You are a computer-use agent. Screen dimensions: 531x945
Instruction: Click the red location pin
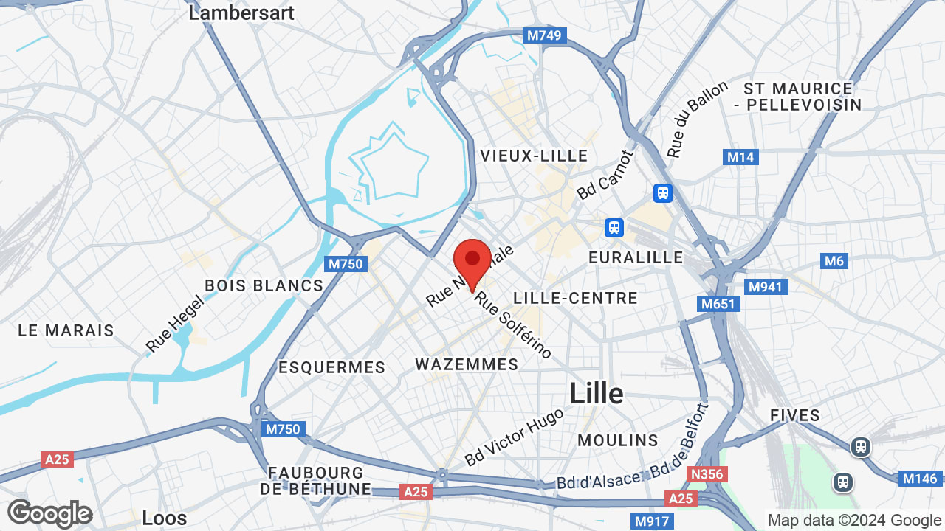pyautogui.click(x=472, y=263)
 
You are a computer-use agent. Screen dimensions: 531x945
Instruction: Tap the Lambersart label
pyautogui.click(x=241, y=13)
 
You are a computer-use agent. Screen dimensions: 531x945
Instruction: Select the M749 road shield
pyautogui.click(x=545, y=35)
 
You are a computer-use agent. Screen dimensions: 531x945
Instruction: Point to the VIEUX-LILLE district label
pyautogui.click(x=535, y=156)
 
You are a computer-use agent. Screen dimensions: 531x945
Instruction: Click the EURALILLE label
pyautogui.click(x=636, y=257)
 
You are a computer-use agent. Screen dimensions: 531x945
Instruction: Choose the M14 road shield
pyautogui.click(x=740, y=157)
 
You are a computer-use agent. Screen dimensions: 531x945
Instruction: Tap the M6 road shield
pyautogui.click(x=834, y=261)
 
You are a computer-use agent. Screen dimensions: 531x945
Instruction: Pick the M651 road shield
pyautogui.click(x=718, y=304)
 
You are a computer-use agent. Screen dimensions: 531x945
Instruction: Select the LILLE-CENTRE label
pyautogui.click(x=575, y=298)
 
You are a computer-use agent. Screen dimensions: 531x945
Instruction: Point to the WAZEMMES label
pyautogui.click(x=467, y=364)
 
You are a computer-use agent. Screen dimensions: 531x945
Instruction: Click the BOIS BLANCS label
pyautogui.click(x=264, y=285)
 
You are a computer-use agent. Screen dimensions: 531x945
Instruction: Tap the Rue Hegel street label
pyautogui.click(x=173, y=323)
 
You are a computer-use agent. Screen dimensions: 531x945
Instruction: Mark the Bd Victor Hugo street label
pyautogui.click(x=514, y=437)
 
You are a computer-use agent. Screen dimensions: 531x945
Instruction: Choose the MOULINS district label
pyautogui.click(x=618, y=440)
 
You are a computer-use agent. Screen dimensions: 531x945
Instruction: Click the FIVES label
pyautogui.click(x=795, y=415)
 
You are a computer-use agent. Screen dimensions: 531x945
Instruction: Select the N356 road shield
pyautogui.click(x=707, y=473)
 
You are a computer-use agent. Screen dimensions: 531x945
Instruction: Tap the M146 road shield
pyautogui.click(x=921, y=479)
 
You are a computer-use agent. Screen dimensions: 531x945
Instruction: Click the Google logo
pyautogui.click(x=49, y=513)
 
